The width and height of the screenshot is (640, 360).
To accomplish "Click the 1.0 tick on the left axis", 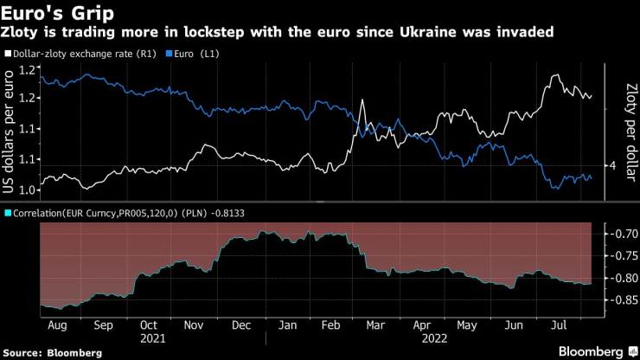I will [23, 190].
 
